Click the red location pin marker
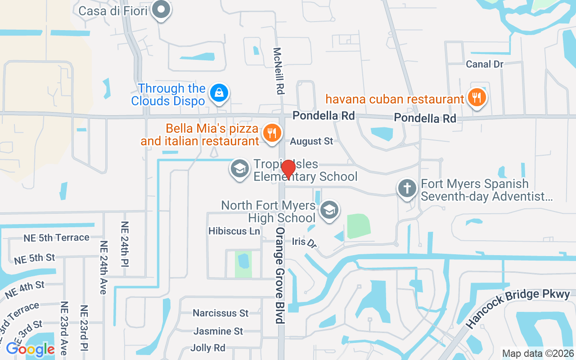point(288,169)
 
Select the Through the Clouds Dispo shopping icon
point(219,93)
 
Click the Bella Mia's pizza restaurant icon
point(271,133)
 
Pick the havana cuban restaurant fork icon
point(476,97)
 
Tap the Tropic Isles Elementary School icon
point(239,169)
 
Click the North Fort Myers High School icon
point(329,210)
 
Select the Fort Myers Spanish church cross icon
point(407,188)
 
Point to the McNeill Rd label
point(279,71)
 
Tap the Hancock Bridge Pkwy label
point(517,308)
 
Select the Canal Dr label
point(485,64)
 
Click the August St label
point(311,141)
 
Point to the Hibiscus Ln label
point(234,231)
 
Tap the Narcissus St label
point(220,313)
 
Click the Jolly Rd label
point(207,348)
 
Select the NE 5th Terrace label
point(56,237)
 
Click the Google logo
point(30,349)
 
